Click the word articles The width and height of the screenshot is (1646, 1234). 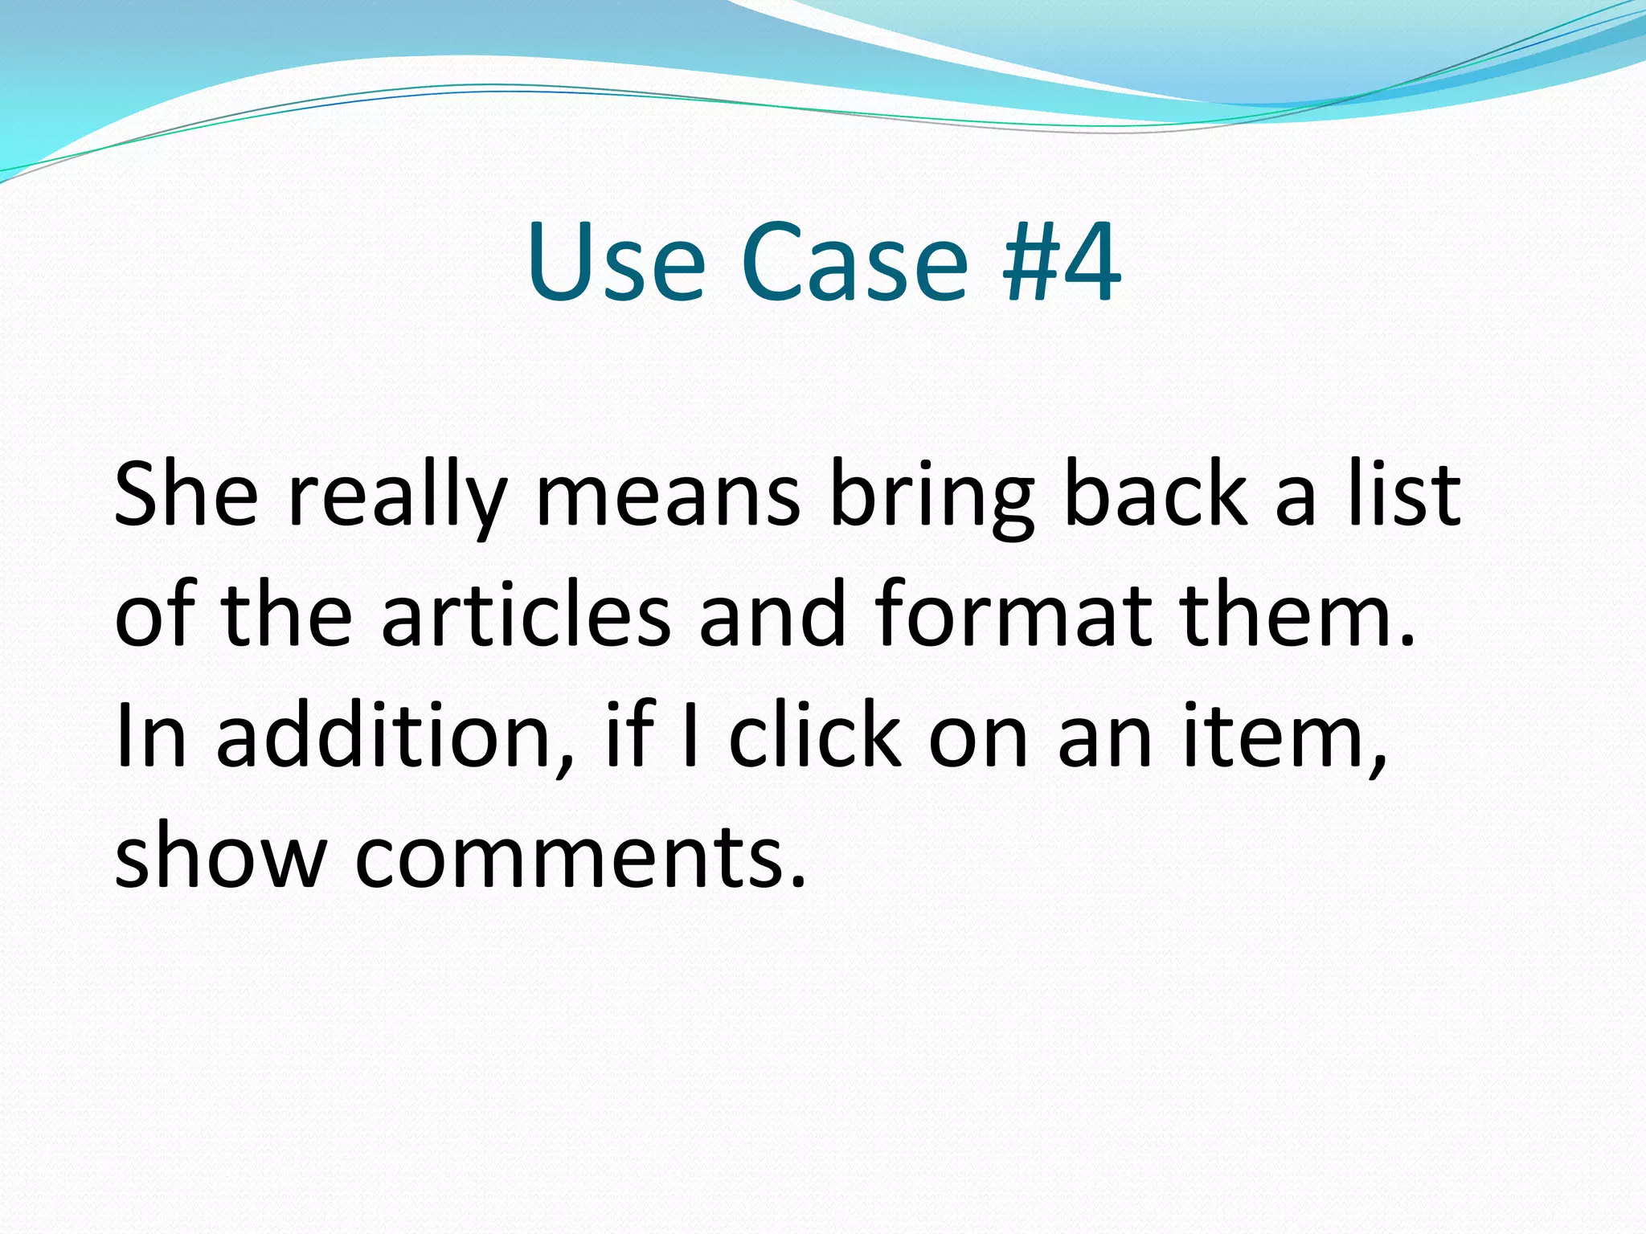point(526,615)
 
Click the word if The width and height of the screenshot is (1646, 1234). point(630,733)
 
